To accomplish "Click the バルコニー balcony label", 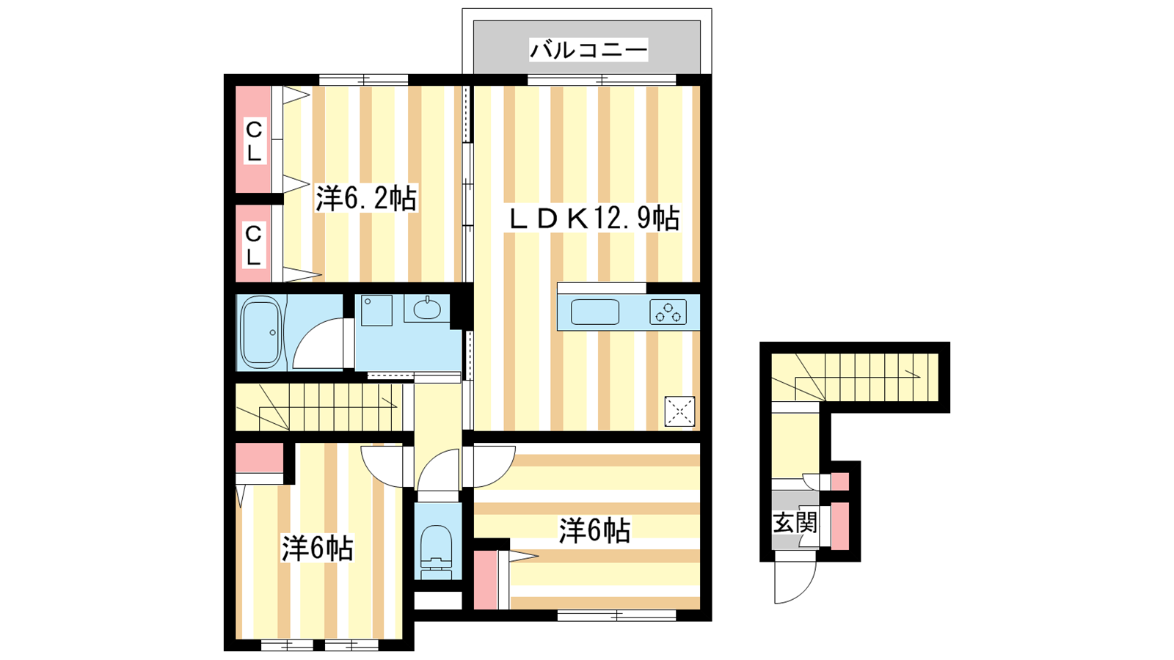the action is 588,51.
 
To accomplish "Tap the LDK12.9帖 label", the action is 594,219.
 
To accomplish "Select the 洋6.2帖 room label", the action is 366,199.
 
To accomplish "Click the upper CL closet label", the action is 254,140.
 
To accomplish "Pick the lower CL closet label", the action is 254,245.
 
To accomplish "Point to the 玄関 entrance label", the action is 795,522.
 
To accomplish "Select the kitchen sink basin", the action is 595,312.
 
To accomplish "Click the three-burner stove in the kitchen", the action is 668,312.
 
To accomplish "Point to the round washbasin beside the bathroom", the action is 427,309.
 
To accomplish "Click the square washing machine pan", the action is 376,310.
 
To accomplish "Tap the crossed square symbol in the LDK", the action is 679,411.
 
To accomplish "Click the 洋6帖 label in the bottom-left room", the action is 318,549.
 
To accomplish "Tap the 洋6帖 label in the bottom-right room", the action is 594,530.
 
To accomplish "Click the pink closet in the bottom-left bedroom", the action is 260,458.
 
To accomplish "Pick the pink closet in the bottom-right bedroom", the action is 486,579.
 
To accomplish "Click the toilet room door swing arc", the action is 430,463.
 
